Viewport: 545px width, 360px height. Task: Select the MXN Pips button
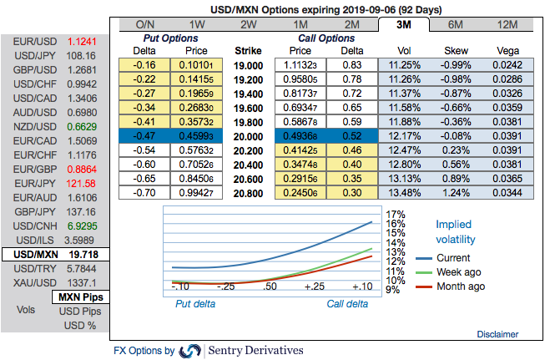point(80,297)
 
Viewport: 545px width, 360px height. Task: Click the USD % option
point(80,326)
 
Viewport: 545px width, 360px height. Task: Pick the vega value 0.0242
point(507,63)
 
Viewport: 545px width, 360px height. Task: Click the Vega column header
point(507,50)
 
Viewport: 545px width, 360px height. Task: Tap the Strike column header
point(248,50)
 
